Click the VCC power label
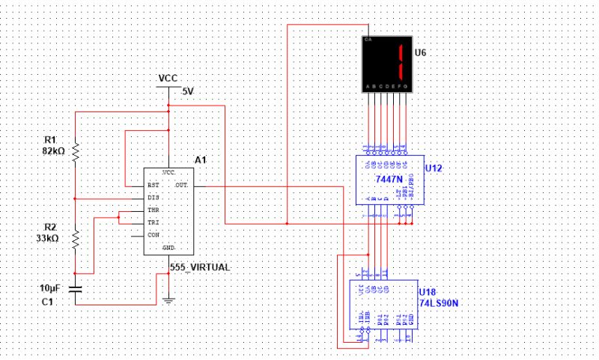click(168, 79)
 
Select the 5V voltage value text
click(188, 92)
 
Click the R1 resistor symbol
click(76, 153)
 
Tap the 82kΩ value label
click(55, 150)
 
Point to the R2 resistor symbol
click(76, 239)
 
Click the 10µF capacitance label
click(50, 287)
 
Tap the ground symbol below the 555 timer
click(168, 301)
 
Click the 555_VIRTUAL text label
click(196, 267)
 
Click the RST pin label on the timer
click(153, 184)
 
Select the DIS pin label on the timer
click(153, 197)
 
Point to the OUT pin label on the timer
click(182, 184)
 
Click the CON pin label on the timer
click(153, 235)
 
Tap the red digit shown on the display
click(401, 62)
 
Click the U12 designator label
click(433, 168)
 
